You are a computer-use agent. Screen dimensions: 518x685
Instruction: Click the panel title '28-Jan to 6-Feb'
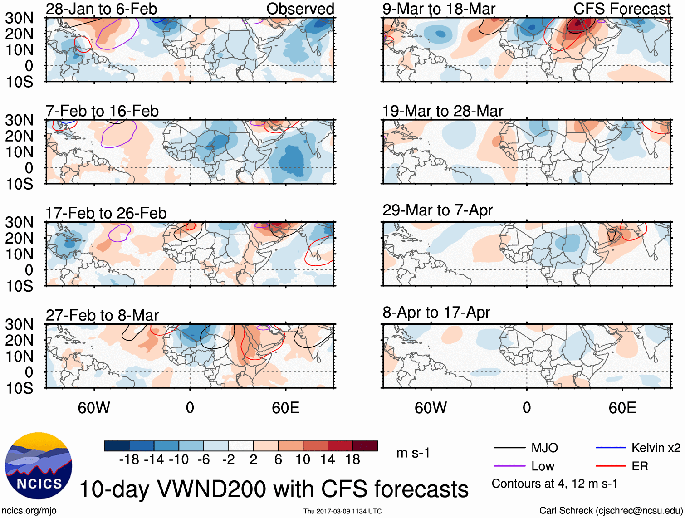pos(101,9)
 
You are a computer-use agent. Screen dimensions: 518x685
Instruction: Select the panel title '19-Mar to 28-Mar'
pos(442,111)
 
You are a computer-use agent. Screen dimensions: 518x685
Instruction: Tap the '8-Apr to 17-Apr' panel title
pos(436,313)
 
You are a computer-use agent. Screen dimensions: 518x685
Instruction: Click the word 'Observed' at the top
pos(300,9)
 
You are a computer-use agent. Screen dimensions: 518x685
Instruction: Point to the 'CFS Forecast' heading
pos(621,9)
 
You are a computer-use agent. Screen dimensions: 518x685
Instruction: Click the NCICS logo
pos(39,466)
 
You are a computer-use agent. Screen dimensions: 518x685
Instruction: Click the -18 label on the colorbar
pos(129,460)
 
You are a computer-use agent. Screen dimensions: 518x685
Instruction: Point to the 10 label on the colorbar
pos(303,460)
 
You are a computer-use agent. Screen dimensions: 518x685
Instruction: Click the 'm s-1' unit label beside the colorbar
pos(413,453)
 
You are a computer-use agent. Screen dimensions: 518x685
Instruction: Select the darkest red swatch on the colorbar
pos(365,446)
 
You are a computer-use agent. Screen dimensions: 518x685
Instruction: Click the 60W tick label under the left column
pos(94,408)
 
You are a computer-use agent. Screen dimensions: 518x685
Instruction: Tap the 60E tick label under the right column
pos(622,408)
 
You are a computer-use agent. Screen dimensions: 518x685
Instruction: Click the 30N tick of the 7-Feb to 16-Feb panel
pos(19,120)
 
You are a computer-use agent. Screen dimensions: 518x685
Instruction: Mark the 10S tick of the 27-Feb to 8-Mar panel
pos(19,388)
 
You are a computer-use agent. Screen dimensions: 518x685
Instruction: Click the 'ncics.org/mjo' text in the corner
pos(29,511)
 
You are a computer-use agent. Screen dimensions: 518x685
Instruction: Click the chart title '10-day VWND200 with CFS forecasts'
pos(274,489)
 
